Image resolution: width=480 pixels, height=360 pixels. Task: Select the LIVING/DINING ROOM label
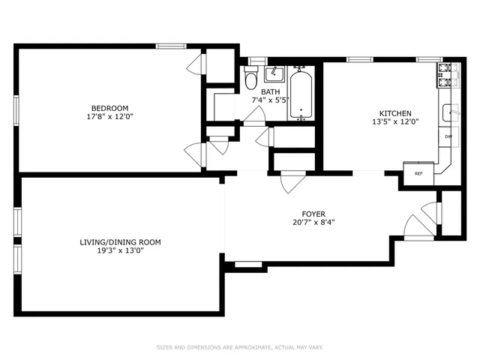tap(121, 241)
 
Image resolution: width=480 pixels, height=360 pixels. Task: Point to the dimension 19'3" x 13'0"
tap(121, 251)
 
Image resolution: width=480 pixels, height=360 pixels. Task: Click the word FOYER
tap(313, 213)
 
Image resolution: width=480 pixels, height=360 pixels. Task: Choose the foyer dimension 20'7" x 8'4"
tap(313, 223)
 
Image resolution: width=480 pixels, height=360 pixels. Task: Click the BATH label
tap(271, 91)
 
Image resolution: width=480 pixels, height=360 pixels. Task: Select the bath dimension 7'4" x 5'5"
tap(271, 100)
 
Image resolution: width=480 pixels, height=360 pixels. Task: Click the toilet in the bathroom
tap(251, 77)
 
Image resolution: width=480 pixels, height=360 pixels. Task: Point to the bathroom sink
tap(274, 73)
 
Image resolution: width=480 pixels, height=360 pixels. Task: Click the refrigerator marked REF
tap(418, 173)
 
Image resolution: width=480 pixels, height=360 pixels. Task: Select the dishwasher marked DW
tap(448, 136)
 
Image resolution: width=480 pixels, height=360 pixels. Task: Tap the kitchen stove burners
tap(448, 73)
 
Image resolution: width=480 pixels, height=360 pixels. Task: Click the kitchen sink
tap(451, 112)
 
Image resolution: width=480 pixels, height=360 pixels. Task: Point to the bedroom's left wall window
tap(16, 109)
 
